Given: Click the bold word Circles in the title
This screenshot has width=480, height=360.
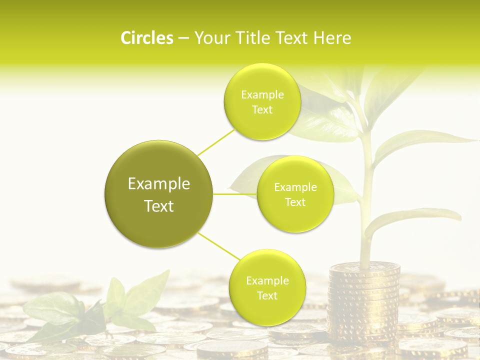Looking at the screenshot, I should tap(146, 38).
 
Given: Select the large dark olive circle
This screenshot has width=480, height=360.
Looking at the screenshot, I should tap(158, 194).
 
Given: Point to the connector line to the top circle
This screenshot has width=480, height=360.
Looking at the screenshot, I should tap(216, 141).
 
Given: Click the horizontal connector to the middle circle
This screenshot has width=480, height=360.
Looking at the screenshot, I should tap(234, 194).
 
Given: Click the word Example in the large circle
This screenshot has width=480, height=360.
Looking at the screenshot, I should tap(158, 183).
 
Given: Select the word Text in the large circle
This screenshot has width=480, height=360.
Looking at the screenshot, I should tap(158, 206).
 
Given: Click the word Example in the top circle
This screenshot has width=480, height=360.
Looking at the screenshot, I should tap(262, 94).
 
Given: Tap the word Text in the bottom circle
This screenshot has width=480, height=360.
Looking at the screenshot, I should tap(266, 295).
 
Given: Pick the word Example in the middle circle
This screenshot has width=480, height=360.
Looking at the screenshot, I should tap(295, 187).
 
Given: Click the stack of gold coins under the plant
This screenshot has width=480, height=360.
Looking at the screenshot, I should tap(364, 300).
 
